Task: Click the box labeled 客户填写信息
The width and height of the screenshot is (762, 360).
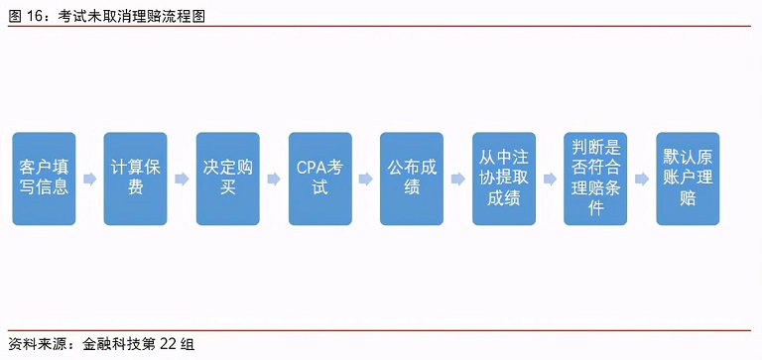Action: [44, 179]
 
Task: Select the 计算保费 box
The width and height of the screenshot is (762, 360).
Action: [135, 179]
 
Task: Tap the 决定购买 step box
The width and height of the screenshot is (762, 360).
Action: [227, 179]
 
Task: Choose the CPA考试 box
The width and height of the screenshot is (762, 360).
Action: [319, 179]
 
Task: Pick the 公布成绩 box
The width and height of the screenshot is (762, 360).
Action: [412, 179]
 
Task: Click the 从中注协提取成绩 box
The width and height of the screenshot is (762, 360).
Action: [504, 179]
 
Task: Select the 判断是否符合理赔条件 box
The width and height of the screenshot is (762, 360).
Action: [595, 179]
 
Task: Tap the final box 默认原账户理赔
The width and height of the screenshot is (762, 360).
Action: [688, 179]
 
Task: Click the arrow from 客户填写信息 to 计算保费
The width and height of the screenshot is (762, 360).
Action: [89, 180]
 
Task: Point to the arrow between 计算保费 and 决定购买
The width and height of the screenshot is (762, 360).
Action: [182, 180]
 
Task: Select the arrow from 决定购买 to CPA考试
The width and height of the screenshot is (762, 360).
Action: [274, 180]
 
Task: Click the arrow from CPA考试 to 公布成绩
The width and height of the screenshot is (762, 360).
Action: [366, 180]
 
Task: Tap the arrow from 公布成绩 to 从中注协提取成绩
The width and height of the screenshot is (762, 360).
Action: [457, 180]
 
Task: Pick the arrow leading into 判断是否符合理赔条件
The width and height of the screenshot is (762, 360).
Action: [550, 180]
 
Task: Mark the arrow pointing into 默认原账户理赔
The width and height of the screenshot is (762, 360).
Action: [642, 180]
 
